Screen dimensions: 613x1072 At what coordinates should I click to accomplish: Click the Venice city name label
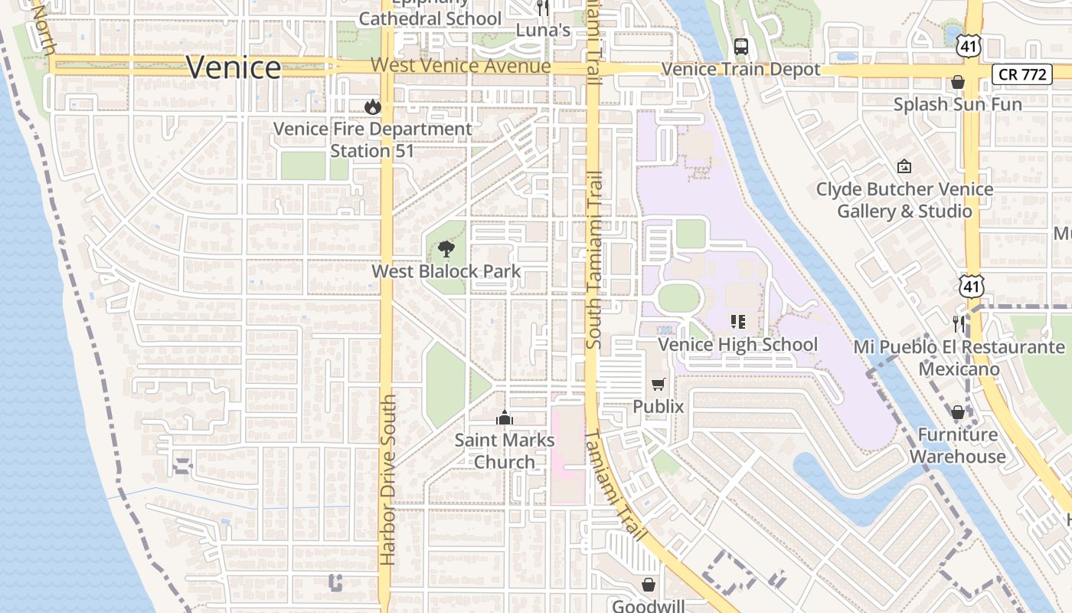234,67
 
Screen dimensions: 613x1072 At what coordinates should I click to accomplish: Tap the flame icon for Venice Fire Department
373,107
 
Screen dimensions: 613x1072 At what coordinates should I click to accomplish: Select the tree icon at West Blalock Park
446,249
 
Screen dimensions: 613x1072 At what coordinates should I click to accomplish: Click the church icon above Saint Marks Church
504,418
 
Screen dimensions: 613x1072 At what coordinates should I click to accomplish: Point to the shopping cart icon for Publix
658,384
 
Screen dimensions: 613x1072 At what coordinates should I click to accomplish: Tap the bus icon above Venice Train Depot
740,47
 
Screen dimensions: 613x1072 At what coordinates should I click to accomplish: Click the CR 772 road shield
1021,74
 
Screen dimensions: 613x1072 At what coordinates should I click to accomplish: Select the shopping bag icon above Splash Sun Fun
957,82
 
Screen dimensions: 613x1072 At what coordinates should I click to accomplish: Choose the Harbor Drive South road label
388,480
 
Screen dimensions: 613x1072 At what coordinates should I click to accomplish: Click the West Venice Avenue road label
460,66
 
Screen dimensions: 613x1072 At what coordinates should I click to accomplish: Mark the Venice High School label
737,345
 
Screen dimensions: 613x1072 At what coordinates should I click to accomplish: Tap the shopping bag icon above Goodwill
649,585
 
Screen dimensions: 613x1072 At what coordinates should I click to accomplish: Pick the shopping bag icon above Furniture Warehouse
957,413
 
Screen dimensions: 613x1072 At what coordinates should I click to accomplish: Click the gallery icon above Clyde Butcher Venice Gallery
904,166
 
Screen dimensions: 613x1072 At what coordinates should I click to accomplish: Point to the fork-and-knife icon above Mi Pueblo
958,323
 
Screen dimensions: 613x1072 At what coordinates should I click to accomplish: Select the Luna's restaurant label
543,31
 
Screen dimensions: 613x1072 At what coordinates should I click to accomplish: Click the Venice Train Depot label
740,70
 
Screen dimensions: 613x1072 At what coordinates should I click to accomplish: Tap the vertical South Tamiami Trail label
594,261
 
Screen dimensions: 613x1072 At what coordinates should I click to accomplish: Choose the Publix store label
658,406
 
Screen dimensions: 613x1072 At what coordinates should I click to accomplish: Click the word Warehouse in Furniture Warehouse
957,457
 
